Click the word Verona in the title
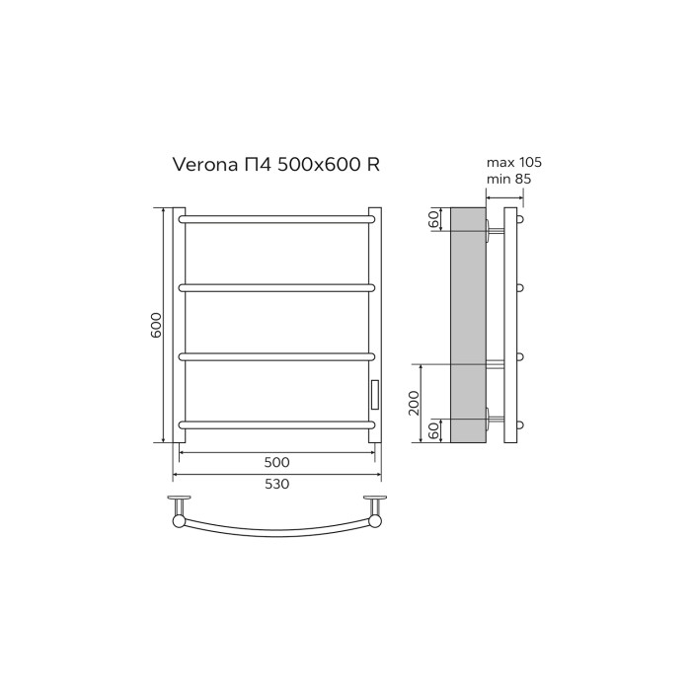coord(202,165)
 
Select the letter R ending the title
coord(373,165)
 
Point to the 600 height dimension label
coord(155,326)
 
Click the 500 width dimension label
coord(277,462)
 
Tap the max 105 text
coord(514,162)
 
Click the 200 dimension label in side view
coord(415,403)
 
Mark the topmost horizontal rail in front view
coord(276,217)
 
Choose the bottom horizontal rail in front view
coord(276,424)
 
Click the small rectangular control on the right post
coord(374,394)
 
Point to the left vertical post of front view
coord(180,326)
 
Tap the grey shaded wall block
coord(468,326)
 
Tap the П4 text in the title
coord(258,165)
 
